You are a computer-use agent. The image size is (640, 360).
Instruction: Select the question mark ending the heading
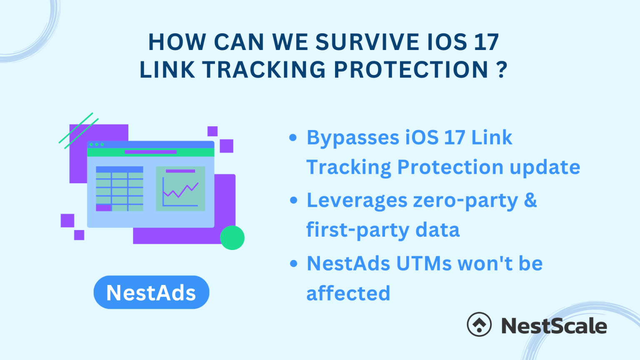502,70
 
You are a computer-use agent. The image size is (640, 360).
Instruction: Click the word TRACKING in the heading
265,70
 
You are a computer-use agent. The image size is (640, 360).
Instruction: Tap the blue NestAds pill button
151,292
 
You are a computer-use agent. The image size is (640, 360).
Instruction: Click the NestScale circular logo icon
479,324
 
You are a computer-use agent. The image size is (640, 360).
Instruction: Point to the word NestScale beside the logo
554,326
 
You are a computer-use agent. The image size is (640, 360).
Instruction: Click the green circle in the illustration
232,237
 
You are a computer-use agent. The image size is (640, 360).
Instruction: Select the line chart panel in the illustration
180,188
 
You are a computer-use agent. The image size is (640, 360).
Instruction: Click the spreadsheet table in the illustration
120,188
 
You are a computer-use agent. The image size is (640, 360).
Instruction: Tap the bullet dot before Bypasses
293,137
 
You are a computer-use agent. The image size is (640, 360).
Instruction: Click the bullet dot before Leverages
293,200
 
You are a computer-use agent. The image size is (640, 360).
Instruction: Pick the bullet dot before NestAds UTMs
293,263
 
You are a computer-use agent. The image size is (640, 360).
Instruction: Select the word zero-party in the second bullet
465,201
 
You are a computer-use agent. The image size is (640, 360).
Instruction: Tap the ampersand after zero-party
530,200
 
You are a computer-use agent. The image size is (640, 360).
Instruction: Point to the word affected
348,293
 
